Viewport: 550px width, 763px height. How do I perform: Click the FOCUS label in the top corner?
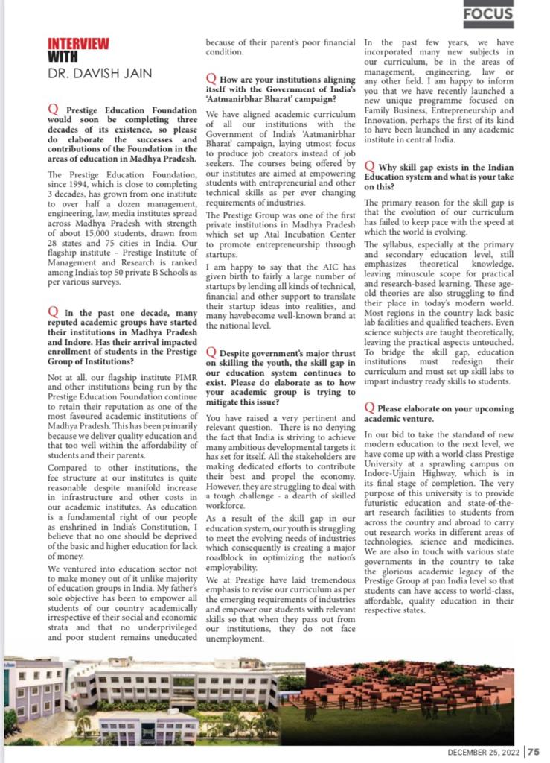(488, 13)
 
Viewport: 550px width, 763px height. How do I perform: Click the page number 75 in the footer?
(534, 752)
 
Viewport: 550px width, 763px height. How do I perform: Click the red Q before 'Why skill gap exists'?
(370, 167)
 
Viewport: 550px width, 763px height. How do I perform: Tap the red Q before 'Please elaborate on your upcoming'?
(370, 408)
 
